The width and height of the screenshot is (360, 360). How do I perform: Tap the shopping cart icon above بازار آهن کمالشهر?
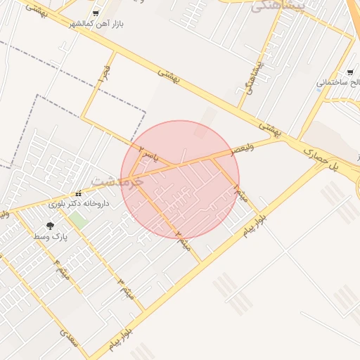(x=96, y=13)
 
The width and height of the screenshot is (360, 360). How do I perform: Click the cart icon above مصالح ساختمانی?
(x=350, y=72)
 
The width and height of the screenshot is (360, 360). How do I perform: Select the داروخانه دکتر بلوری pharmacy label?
(x=77, y=205)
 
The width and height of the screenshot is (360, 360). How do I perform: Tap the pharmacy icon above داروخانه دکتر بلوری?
(x=79, y=194)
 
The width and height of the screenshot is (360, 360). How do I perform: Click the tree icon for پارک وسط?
(x=50, y=226)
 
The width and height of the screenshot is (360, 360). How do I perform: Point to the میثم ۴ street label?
(x=60, y=268)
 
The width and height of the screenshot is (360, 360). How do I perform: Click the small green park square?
(x=78, y=220)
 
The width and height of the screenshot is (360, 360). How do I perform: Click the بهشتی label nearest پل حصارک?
(x=270, y=127)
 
